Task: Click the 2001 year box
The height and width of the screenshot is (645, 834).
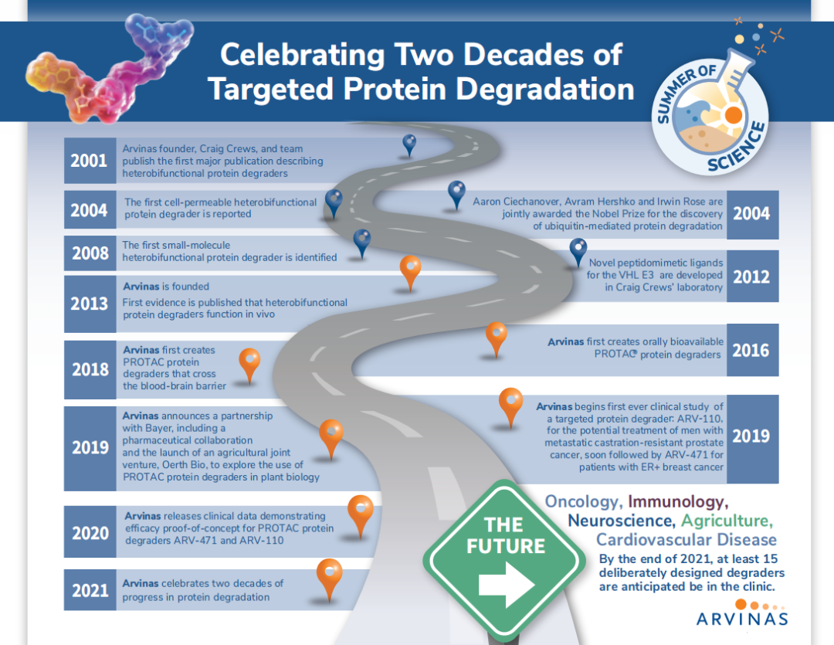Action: point(90,161)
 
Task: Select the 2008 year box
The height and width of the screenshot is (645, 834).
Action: point(90,253)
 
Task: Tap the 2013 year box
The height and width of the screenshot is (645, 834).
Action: point(90,304)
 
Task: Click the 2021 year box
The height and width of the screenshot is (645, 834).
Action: point(90,590)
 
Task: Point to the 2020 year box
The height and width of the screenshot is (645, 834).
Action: point(90,532)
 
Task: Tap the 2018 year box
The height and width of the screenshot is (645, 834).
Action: point(90,370)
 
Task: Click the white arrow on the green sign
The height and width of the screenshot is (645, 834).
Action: point(507,585)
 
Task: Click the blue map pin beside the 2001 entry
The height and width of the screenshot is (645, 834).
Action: point(409,144)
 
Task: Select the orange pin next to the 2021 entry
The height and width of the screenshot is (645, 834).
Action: point(329,579)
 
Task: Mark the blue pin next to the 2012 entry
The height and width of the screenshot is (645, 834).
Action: point(578,251)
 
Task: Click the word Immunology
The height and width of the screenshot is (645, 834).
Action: point(678,501)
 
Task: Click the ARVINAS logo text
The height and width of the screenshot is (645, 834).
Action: point(742,619)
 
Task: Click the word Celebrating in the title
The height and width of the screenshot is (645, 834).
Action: point(303,56)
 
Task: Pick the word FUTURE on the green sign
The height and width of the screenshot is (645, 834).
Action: point(506,546)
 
